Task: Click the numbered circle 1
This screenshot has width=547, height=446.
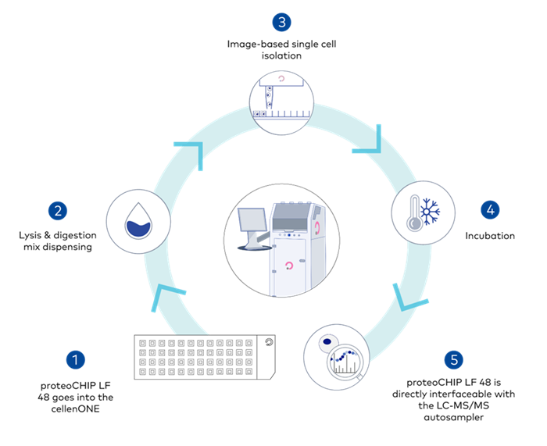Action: tap(75, 359)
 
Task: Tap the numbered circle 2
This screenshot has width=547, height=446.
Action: tap(55, 210)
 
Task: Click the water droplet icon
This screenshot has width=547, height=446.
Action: tap(138, 220)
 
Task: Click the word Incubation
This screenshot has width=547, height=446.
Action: tap(490, 235)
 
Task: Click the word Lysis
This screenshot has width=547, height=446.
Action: tap(31, 235)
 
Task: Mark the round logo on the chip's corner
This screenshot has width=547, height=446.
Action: tap(268, 341)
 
